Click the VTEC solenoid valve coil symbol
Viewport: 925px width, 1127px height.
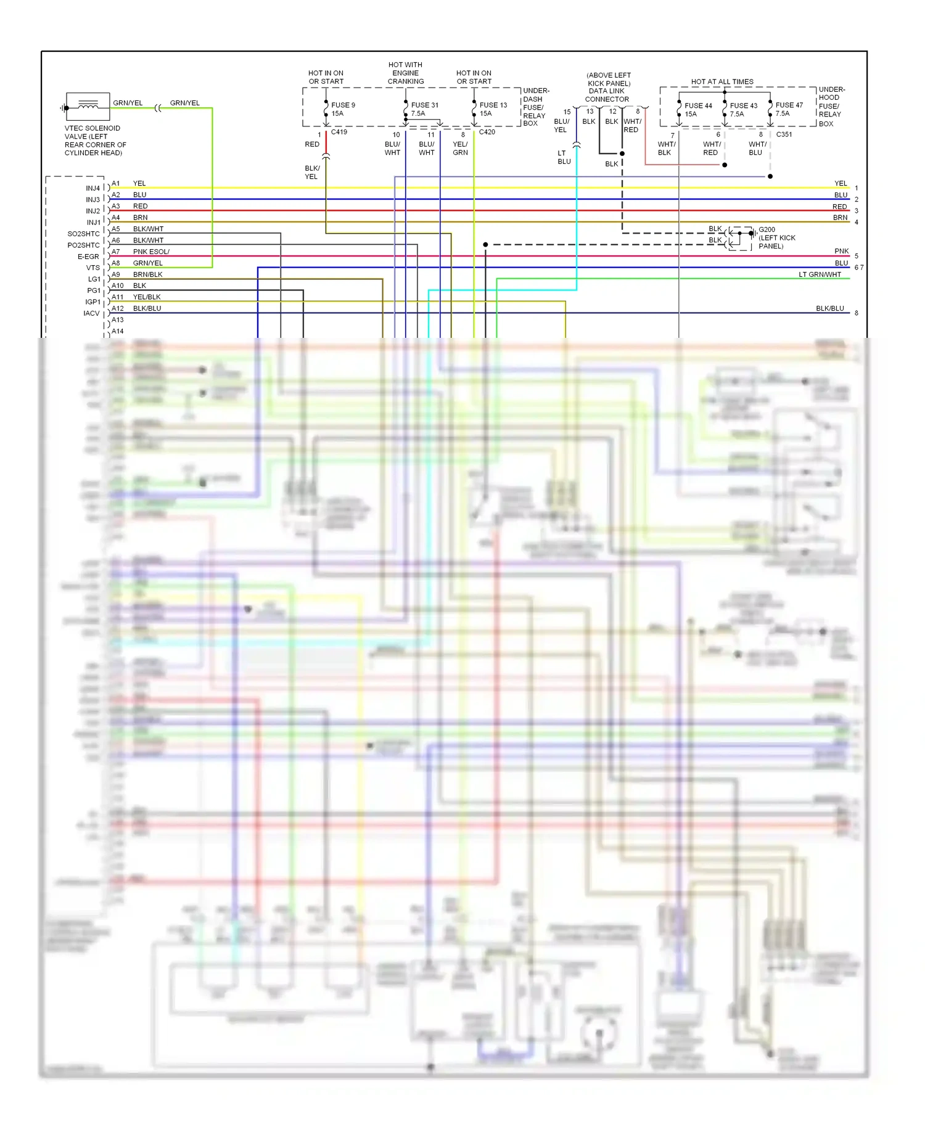[x=88, y=106]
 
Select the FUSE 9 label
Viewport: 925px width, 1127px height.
[x=343, y=105]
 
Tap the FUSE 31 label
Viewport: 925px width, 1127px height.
[x=425, y=105]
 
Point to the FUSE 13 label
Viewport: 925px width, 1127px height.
[x=493, y=105]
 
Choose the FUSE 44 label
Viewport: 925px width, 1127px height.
[x=698, y=105]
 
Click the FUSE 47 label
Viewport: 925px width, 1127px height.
[x=789, y=105]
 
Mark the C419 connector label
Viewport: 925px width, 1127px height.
[x=339, y=132]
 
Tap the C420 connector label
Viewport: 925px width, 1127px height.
[x=487, y=132]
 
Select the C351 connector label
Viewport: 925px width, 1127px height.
[x=784, y=134]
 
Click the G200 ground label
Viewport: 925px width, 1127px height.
[x=767, y=229]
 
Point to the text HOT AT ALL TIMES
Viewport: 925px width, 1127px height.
[x=722, y=81]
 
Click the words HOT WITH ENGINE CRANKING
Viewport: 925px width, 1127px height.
[x=405, y=73]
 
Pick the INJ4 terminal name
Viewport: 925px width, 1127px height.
[x=93, y=188]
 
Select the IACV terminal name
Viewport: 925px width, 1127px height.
[x=91, y=313]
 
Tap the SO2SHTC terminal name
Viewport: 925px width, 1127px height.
[x=83, y=234]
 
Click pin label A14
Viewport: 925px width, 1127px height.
[x=117, y=331]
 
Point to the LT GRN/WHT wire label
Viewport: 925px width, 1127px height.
[x=820, y=274]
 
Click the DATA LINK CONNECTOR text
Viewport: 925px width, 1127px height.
[x=607, y=95]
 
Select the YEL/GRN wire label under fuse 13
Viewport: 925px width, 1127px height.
[x=460, y=148]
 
